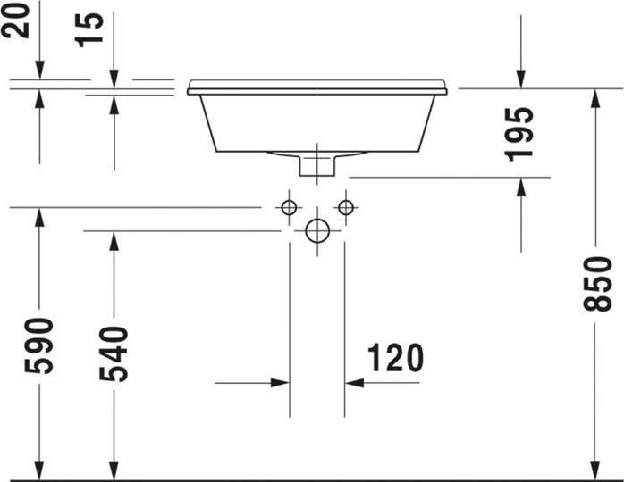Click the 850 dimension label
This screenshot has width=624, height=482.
click(597, 284)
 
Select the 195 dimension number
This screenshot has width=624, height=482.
click(520, 133)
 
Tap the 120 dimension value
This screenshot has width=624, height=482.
click(395, 358)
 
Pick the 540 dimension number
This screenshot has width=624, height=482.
click(114, 353)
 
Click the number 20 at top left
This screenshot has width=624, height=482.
click(17, 21)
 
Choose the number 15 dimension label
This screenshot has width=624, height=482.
click(90, 29)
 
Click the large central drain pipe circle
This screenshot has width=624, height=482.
click(317, 230)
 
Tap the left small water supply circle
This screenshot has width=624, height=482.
click(289, 208)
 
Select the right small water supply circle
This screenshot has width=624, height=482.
click(346, 208)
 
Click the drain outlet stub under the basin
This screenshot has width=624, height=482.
click(316, 164)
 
